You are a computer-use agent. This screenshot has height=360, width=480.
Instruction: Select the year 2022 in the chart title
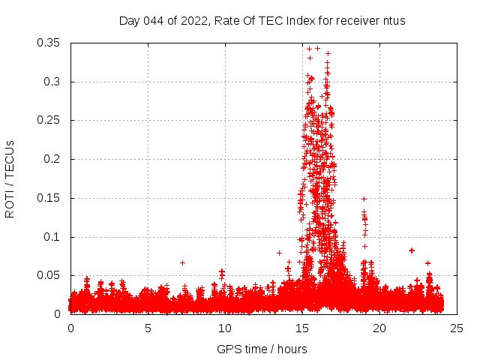click(191, 21)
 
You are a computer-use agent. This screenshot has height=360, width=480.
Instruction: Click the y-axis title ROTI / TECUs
click(10, 178)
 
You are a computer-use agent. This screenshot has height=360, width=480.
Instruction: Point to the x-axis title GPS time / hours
click(263, 349)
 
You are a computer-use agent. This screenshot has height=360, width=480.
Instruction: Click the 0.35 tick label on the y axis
click(49, 43)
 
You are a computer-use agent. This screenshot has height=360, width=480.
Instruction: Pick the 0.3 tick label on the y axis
click(53, 82)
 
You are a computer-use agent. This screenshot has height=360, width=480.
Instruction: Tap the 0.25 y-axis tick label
click(49, 121)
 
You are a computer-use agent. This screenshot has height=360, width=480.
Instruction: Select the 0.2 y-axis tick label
click(53, 160)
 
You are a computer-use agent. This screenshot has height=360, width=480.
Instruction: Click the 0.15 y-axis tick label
click(49, 199)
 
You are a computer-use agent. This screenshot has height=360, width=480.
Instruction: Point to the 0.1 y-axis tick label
click(53, 237)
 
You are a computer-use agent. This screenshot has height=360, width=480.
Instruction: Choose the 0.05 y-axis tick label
click(49, 276)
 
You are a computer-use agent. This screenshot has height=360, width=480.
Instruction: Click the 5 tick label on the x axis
click(148, 328)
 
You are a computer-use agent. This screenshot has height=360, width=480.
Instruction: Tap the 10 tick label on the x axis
click(226, 328)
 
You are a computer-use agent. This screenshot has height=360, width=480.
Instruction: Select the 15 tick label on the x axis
click(303, 328)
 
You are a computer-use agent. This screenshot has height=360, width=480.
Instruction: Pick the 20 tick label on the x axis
click(379, 328)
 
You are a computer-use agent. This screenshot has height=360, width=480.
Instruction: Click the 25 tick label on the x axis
click(457, 328)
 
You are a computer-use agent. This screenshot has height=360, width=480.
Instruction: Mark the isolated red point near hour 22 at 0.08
click(412, 250)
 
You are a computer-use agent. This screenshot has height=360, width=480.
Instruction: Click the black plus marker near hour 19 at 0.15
click(364, 199)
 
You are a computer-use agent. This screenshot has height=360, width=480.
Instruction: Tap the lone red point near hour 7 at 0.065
click(182, 262)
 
